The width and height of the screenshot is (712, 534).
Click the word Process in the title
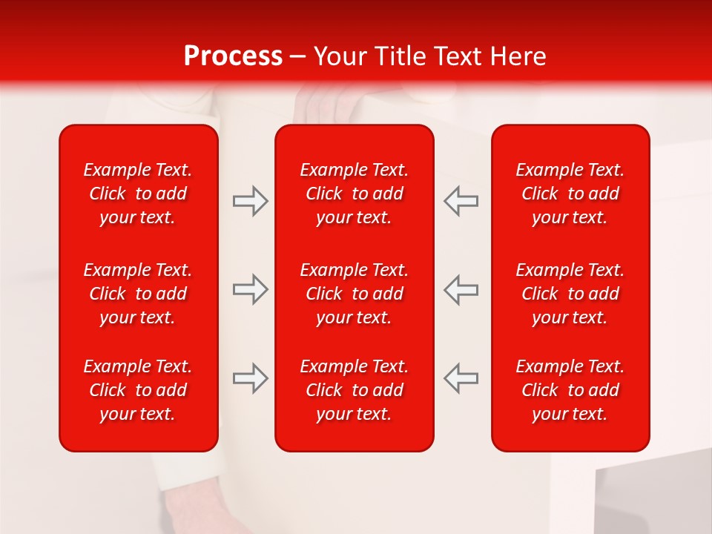[x=233, y=56]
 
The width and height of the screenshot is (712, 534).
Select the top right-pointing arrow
[x=251, y=201]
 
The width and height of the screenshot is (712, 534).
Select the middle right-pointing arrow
[x=251, y=289]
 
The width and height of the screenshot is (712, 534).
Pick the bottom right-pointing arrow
[x=251, y=378]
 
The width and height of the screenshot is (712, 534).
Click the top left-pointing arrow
[x=461, y=201]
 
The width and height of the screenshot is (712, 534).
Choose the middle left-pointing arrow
[x=461, y=289]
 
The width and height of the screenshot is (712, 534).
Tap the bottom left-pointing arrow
[x=461, y=378]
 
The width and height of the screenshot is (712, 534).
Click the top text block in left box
[x=138, y=194]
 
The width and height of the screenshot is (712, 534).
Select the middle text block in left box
[x=138, y=294]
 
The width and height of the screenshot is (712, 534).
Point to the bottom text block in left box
[x=138, y=390]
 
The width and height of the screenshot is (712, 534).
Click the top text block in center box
[x=354, y=194]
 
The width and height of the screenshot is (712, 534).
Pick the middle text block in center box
[x=354, y=294]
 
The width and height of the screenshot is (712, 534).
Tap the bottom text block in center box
[x=354, y=390]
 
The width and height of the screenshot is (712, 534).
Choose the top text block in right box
[x=570, y=194]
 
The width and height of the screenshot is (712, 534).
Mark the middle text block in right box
[x=570, y=294]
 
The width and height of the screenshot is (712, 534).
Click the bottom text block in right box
[x=570, y=390]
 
